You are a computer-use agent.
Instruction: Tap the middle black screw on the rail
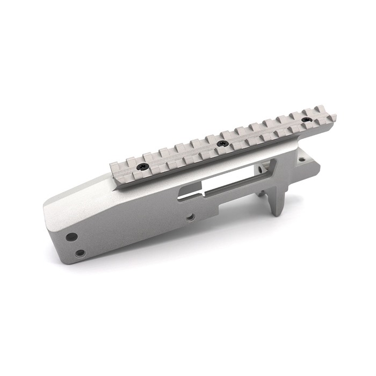point(221,143)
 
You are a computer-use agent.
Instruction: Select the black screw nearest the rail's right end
point(306,119)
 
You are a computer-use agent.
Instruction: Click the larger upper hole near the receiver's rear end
point(71,236)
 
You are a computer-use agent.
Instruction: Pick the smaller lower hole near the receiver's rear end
point(79,252)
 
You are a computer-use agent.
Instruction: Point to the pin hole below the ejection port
point(190,218)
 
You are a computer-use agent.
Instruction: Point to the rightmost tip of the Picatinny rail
point(335,117)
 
